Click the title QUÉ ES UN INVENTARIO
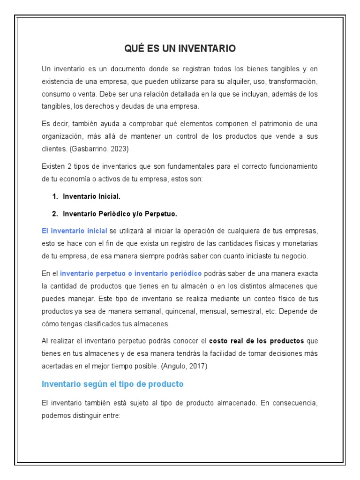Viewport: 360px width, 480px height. [180, 48]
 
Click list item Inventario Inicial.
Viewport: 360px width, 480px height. [91, 196]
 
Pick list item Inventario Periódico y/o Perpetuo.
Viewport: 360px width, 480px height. [120, 214]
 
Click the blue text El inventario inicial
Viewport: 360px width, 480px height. [75, 231]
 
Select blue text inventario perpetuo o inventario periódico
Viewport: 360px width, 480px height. [131, 273]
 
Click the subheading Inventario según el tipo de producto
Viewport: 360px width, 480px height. [112, 384]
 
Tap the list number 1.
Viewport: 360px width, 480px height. [55, 196]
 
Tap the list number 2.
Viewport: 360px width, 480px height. [55, 214]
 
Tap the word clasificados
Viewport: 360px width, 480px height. [111, 324]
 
